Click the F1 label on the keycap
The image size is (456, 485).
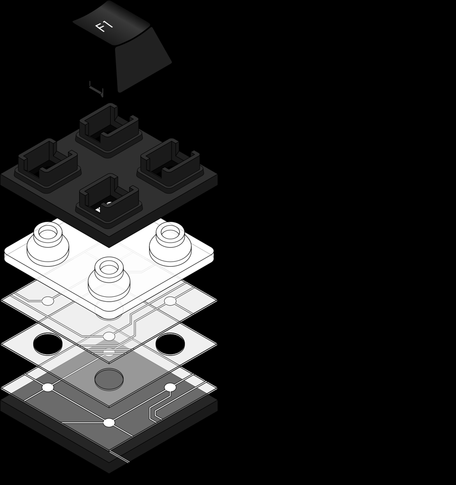coord(104,26)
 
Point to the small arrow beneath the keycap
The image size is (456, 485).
coord(96,89)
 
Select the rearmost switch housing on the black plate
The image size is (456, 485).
coord(109,127)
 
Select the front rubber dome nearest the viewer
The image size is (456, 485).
coord(108,278)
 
